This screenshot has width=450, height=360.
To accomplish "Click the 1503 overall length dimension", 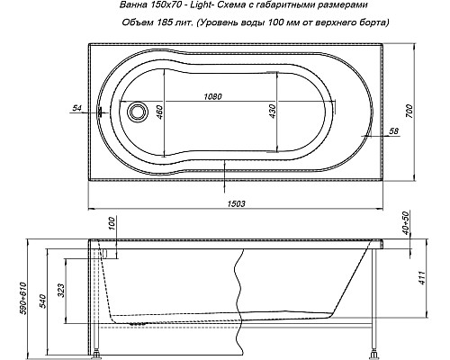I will pos(237,204).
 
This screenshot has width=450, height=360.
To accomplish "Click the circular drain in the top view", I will pos(138,113).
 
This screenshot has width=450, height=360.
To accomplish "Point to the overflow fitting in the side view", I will pos(109,256).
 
